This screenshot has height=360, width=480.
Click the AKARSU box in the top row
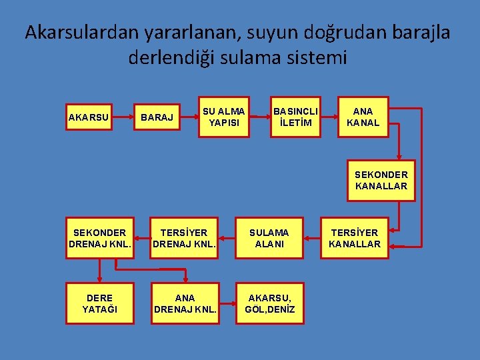pos(89,118)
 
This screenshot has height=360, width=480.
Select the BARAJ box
pos(157,118)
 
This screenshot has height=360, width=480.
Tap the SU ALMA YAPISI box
pos(223,117)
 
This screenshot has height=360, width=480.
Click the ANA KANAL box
pos(363,117)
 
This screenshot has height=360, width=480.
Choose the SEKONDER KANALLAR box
pos(381,180)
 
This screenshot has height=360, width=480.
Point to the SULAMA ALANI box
pos(269,238)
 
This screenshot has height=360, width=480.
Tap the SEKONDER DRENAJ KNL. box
pos(99,238)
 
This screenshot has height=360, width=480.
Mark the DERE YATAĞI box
pos(99,303)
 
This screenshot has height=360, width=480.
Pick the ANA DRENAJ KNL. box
pos(185,303)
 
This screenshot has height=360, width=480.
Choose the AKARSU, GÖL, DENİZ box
pos(269,303)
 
